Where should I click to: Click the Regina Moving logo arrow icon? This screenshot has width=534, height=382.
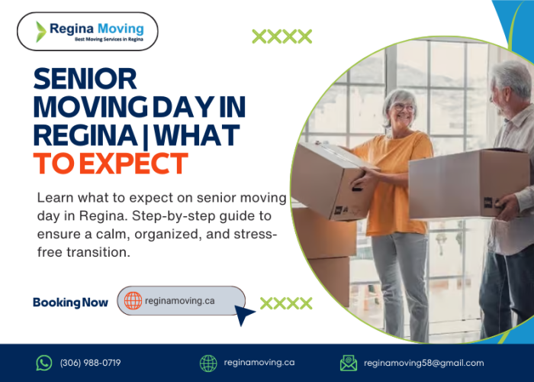41,31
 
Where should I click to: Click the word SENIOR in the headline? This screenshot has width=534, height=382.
85,78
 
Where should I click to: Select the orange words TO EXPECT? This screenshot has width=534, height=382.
110,163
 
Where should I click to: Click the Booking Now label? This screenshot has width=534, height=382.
70,303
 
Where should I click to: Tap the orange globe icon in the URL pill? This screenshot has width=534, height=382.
133,301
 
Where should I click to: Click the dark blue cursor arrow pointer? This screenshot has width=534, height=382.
244,314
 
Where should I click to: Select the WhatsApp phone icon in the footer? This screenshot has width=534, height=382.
44,363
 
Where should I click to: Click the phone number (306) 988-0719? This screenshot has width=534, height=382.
90,363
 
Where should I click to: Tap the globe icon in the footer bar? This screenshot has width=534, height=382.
208,363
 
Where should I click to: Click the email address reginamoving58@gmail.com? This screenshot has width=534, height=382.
423,363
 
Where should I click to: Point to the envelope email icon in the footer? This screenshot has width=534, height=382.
349,363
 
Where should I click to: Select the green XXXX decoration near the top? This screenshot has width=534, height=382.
281,36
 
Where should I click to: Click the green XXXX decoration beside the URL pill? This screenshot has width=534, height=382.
286,303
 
